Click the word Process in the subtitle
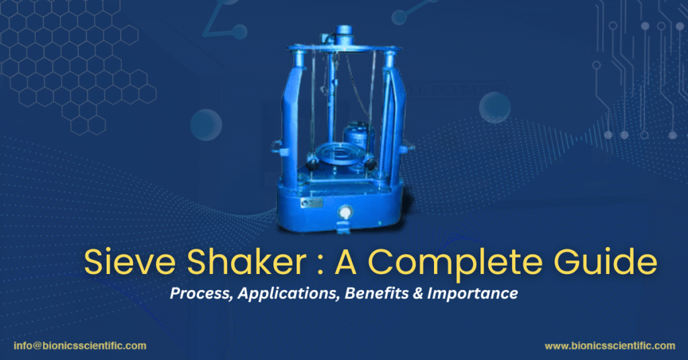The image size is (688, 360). pyautogui.click(x=196, y=294)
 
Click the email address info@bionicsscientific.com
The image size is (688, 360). pyautogui.click(x=79, y=346)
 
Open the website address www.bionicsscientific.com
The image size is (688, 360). pyautogui.click(x=609, y=346)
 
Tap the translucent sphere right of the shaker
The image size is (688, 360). pyautogui.click(x=495, y=107)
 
